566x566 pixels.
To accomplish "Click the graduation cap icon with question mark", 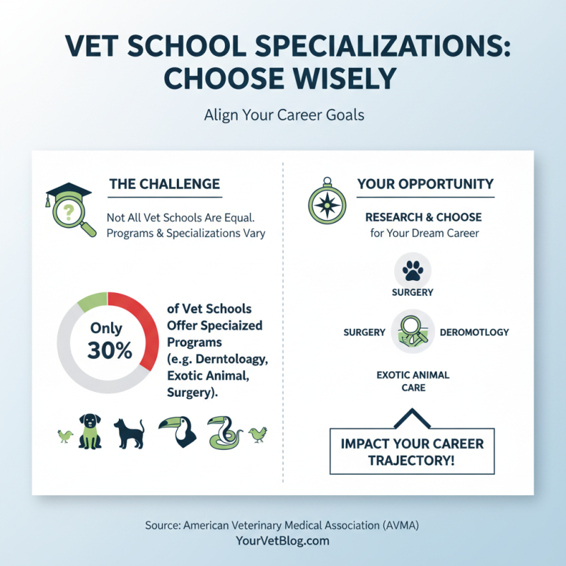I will click(69, 207).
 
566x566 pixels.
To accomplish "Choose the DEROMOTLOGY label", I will click(474, 332).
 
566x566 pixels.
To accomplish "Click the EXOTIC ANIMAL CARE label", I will click(412, 381).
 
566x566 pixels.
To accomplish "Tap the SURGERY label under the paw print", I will click(412, 292).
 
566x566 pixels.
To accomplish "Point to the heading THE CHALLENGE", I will click(164, 184).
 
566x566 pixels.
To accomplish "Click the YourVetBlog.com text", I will click(283, 541).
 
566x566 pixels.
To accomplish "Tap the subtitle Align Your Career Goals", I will click(283, 115).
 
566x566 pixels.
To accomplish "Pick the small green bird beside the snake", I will click(258, 433).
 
